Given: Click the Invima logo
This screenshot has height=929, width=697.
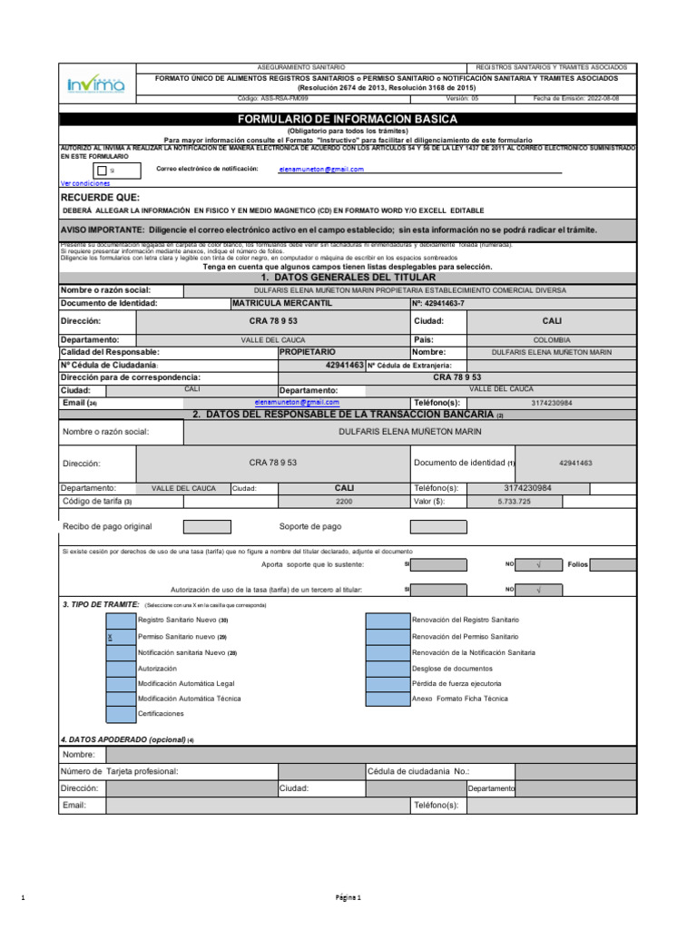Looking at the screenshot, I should [96, 85].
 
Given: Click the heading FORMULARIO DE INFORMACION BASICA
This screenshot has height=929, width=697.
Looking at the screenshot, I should [348, 119].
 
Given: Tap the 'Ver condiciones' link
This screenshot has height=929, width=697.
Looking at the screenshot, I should [84, 182].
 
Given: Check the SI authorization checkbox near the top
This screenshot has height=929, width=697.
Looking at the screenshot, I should [101, 170].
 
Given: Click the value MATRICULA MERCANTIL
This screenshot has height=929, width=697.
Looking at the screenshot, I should [281, 303].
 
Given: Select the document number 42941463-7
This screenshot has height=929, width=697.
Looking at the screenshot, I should [440, 303].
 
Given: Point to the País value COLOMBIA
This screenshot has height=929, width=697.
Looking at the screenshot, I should [552, 339].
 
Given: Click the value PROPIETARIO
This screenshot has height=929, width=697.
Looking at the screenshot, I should [308, 351].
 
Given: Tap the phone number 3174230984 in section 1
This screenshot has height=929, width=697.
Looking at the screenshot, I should [552, 403].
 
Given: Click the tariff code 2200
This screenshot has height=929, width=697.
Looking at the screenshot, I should [344, 501].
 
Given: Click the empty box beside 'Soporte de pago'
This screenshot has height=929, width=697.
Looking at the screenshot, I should [437, 527].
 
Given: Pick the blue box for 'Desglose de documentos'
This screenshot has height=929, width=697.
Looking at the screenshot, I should [387, 668].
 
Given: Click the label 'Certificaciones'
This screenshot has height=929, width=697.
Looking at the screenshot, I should [161, 714].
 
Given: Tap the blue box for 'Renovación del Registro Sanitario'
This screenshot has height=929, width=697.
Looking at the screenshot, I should [387, 621].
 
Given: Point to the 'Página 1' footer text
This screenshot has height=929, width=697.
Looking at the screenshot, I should [348, 898].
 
